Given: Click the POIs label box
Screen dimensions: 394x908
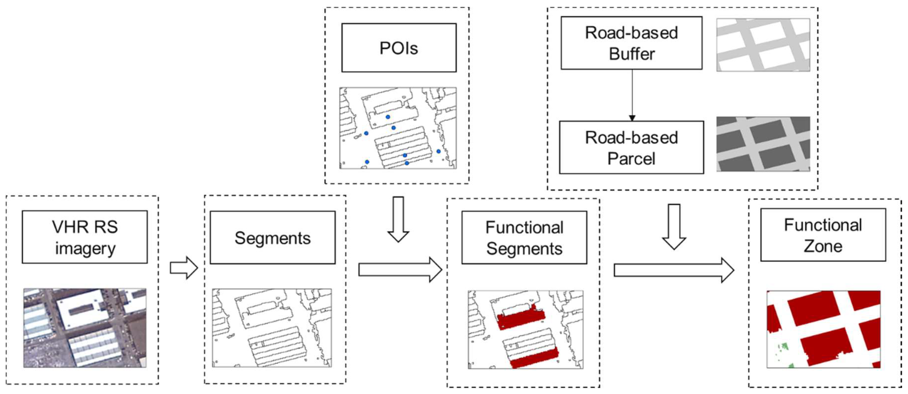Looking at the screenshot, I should point(399,48).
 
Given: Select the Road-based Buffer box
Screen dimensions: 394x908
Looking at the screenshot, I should point(631,43).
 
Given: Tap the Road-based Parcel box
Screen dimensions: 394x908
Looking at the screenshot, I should point(631,147).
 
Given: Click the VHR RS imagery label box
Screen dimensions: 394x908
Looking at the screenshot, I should point(85,237).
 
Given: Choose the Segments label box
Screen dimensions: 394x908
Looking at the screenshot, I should point(272,238).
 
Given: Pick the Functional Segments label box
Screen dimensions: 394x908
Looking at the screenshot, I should point(524,238).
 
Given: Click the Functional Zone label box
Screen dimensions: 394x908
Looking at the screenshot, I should point(823,235).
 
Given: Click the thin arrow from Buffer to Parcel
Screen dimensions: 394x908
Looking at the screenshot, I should point(632,95).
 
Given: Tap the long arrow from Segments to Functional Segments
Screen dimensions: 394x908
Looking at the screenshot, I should point(400,270).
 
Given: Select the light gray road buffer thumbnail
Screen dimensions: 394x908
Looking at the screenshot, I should point(763,45).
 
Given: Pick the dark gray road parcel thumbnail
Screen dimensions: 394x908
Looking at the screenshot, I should point(763,144).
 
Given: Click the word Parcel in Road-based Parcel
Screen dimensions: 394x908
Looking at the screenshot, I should point(631,159).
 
